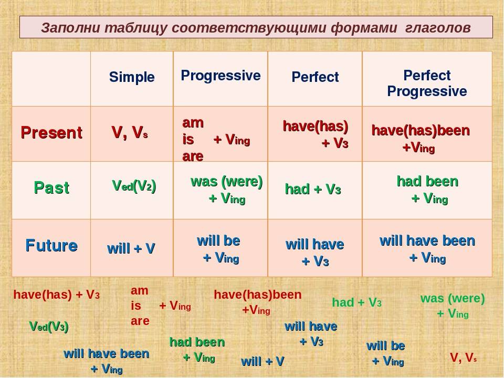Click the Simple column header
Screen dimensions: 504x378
tap(132, 77)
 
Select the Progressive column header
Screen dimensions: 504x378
tap(220, 76)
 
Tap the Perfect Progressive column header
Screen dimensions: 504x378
tap(427, 83)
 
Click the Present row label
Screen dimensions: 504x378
tap(51, 132)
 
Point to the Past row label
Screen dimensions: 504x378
tap(51, 187)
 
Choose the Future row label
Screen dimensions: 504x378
tap(51, 246)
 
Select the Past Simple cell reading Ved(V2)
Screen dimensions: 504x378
tap(134, 186)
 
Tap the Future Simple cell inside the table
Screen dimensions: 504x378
tap(131, 248)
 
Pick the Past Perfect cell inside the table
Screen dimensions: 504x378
tap(313, 189)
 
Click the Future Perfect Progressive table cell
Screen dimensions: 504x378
tap(427, 249)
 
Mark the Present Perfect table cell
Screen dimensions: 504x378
tap(316, 134)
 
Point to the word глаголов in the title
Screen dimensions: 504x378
tap(438, 28)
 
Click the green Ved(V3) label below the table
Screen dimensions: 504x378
tap(49, 327)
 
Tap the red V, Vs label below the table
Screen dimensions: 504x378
tap(463, 358)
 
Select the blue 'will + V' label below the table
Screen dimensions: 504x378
tap(262, 361)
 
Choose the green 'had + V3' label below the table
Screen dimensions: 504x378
tap(357, 302)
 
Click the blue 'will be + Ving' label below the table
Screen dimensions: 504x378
tap(386, 353)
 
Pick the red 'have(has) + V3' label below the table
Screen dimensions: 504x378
tap(57, 295)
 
